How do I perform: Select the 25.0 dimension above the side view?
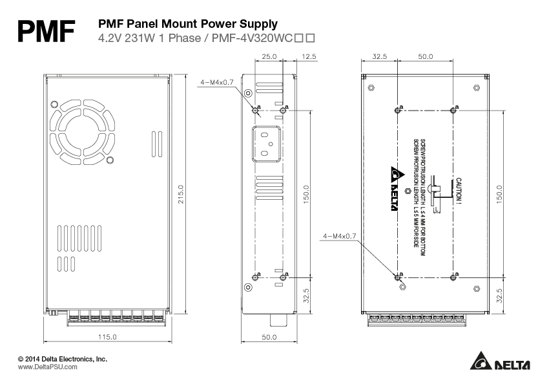(x=269, y=57)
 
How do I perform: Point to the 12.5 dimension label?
(x=309, y=57)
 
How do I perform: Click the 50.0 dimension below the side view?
(x=269, y=337)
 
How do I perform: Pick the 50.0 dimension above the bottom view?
(x=425, y=57)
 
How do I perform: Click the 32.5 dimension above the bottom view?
(x=380, y=57)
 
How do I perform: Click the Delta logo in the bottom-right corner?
(x=500, y=363)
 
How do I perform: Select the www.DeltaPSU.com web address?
(x=47, y=367)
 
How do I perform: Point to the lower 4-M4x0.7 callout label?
(x=339, y=237)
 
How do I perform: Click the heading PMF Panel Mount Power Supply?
(x=187, y=24)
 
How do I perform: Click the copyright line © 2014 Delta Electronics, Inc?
(x=63, y=358)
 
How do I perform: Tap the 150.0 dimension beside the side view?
(x=307, y=195)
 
